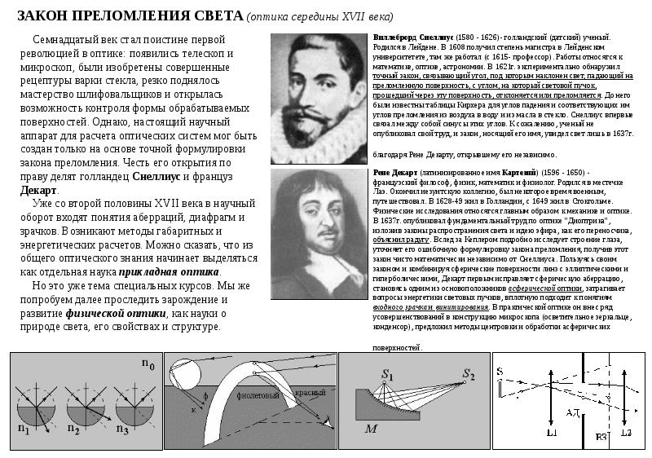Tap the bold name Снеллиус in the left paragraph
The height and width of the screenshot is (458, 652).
coord(156,175)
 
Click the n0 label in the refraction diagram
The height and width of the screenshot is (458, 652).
coord(147,365)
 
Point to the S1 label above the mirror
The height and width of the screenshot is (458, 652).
coord(387,375)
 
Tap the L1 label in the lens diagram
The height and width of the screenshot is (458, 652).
coord(552,434)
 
